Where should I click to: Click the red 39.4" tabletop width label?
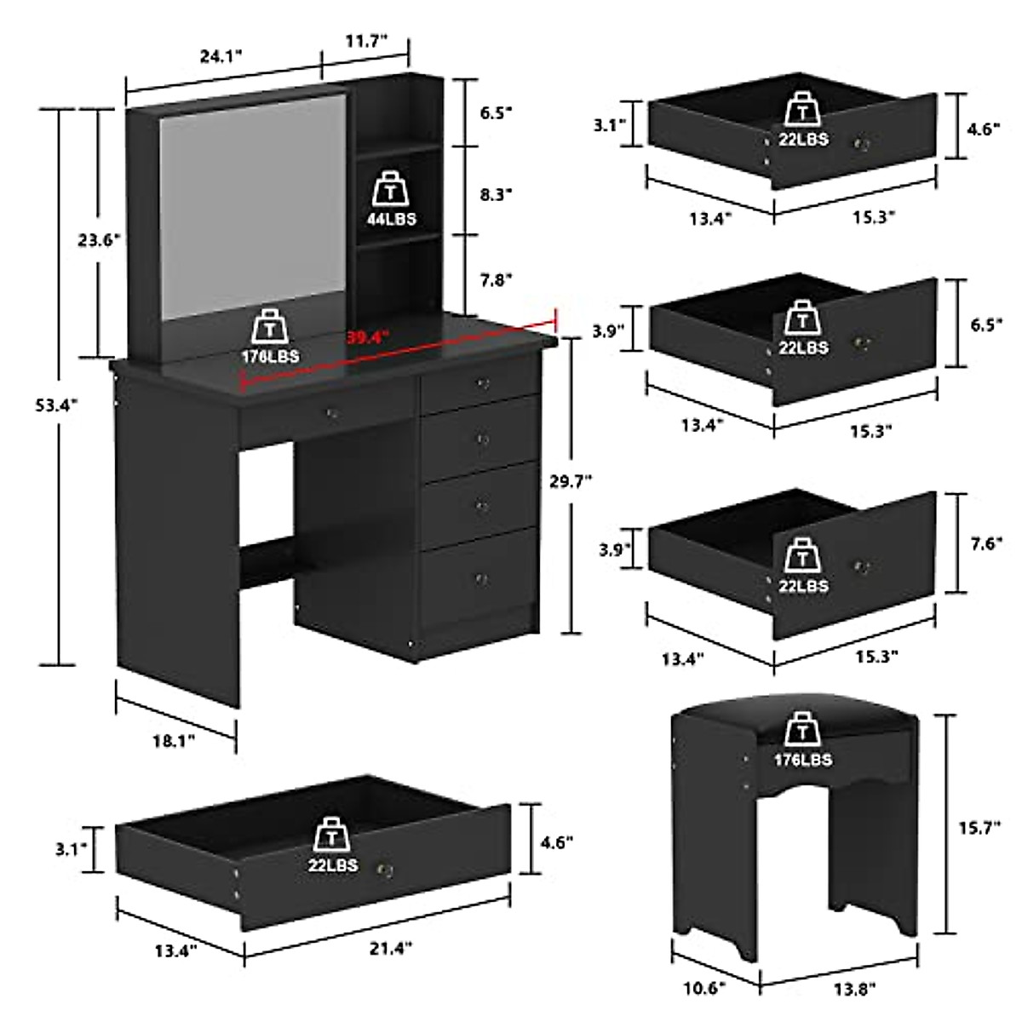tap(367, 336)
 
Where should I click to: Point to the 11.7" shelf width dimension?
tap(365, 39)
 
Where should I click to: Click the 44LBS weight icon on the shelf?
tap(393, 200)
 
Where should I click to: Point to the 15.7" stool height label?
tap(990, 825)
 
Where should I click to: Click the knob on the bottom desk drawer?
tap(479, 579)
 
